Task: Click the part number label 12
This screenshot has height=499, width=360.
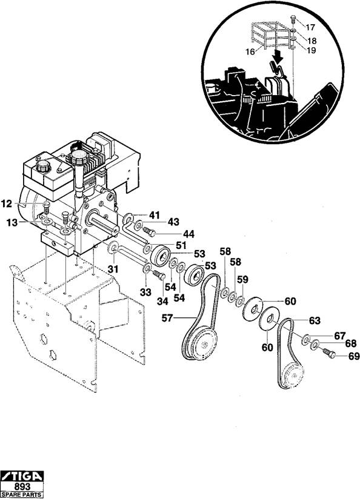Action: [x=7, y=203]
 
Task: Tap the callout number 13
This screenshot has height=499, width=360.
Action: [x=13, y=223]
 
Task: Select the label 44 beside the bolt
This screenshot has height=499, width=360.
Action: [x=188, y=234]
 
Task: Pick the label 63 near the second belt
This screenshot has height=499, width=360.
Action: [x=315, y=320]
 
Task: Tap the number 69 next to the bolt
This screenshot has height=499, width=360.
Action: [x=353, y=356]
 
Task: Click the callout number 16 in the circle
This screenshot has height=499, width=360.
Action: [x=250, y=51]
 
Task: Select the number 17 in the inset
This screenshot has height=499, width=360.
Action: [x=310, y=27]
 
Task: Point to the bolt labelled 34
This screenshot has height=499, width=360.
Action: [x=159, y=275]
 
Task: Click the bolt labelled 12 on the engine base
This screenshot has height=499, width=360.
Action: [x=47, y=208]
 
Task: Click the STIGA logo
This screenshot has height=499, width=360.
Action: [x=22, y=476]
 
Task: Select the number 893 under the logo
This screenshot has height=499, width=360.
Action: [x=22, y=487]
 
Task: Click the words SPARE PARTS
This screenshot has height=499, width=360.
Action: [x=22, y=495]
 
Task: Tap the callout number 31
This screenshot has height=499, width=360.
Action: [x=113, y=269]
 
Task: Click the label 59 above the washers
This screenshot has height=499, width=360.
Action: [x=242, y=279]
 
